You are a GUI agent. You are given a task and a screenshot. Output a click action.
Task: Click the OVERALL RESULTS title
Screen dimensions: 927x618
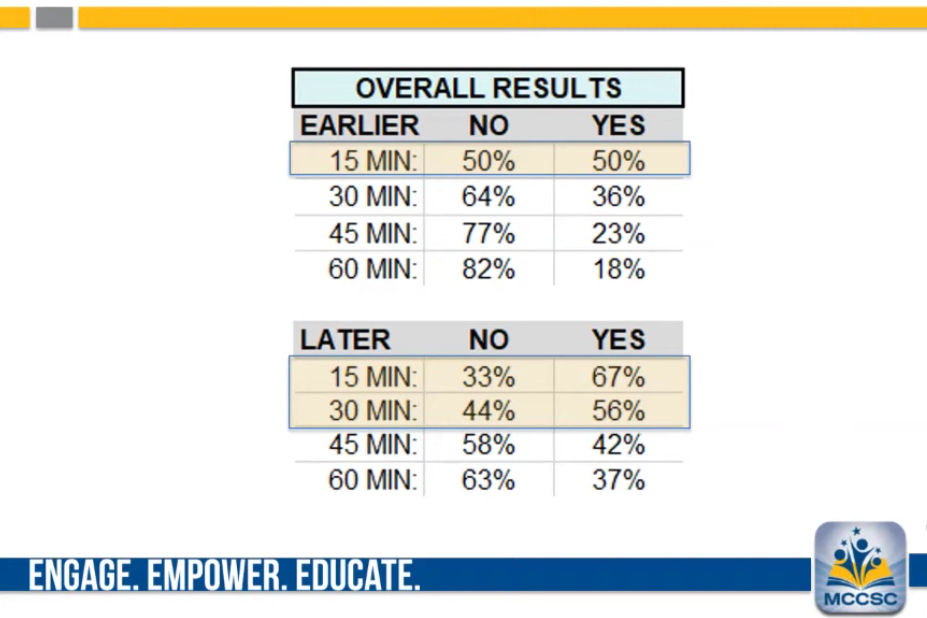(x=488, y=88)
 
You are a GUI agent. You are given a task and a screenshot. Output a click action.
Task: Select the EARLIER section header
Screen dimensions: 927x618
(x=359, y=125)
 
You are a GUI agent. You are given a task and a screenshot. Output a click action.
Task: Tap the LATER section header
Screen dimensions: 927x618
(x=345, y=340)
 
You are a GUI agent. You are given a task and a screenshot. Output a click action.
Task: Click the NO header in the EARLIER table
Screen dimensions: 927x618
(x=488, y=125)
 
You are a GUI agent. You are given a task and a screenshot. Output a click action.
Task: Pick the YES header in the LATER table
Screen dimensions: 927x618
(x=618, y=340)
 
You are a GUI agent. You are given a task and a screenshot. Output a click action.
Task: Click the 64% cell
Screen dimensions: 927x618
(x=488, y=196)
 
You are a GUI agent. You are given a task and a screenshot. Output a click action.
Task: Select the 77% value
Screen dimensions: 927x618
(x=488, y=233)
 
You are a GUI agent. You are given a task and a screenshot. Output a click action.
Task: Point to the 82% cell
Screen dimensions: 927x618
(x=488, y=269)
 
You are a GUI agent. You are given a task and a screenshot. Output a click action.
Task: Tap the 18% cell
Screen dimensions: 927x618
(x=618, y=269)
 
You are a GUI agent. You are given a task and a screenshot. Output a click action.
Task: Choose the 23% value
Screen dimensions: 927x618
(x=618, y=233)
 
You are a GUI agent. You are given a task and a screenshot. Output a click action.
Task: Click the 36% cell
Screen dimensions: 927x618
(x=618, y=196)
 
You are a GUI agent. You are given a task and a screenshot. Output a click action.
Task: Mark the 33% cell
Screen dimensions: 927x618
(x=488, y=377)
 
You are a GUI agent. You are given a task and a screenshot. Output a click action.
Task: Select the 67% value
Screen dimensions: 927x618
(x=618, y=377)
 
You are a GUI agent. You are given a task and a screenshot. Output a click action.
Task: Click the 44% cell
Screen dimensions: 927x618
(x=488, y=410)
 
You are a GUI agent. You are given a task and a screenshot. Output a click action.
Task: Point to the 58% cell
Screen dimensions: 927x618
(x=488, y=445)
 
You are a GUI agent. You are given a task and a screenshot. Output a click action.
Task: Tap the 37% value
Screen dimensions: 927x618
(x=618, y=480)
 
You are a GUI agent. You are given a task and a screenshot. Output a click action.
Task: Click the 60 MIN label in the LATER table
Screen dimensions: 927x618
(x=372, y=480)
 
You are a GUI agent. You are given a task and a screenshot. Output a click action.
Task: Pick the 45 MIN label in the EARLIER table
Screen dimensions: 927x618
(x=372, y=233)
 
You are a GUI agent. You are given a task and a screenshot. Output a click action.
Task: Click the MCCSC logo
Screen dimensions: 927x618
(x=860, y=568)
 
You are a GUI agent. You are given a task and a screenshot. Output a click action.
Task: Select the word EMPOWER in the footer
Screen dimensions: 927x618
(x=216, y=576)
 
